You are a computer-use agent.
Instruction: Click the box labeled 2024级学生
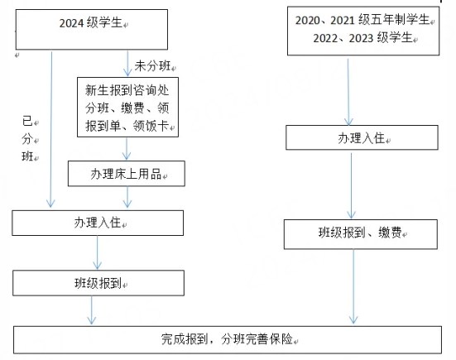92,29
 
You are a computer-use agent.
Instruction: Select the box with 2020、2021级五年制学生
363,31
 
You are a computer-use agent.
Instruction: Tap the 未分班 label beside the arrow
152,66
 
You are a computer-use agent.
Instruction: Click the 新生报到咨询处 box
127,107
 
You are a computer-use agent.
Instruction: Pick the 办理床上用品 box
127,174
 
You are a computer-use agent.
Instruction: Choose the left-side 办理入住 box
98,223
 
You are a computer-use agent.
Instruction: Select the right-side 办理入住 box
362,137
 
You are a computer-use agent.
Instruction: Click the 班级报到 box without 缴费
98,283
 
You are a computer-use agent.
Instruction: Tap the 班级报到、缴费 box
361,234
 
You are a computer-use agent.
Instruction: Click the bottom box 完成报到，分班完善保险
228,339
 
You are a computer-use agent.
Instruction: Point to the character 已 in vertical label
27,121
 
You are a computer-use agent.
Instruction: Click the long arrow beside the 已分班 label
51,130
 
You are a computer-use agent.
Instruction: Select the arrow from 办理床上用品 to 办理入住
127,197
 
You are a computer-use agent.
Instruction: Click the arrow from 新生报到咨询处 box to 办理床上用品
127,149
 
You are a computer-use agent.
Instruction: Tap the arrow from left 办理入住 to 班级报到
97,252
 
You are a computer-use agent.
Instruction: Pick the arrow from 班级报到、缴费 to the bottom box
353,286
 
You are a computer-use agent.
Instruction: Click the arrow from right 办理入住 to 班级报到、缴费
351,186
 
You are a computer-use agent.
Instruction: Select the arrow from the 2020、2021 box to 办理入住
348,92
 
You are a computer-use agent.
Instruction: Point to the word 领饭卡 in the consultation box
151,126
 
